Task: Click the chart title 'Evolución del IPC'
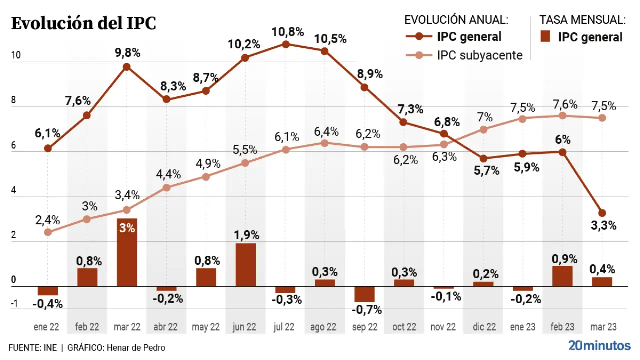click(83, 23)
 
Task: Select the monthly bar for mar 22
click(127, 252)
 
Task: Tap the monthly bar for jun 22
click(245, 265)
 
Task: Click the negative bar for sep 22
click(364, 294)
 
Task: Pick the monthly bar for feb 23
click(562, 276)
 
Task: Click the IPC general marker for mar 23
click(602, 213)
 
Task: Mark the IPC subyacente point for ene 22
click(48, 232)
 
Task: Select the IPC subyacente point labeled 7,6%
click(562, 116)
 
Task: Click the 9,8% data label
click(127, 53)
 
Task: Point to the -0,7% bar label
click(366, 310)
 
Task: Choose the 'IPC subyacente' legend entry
click(479, 55)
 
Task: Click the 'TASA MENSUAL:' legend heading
click(582, 20)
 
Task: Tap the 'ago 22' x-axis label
click(323, 327)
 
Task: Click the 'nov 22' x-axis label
click(443, 327)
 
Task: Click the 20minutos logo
click(599, 345)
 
